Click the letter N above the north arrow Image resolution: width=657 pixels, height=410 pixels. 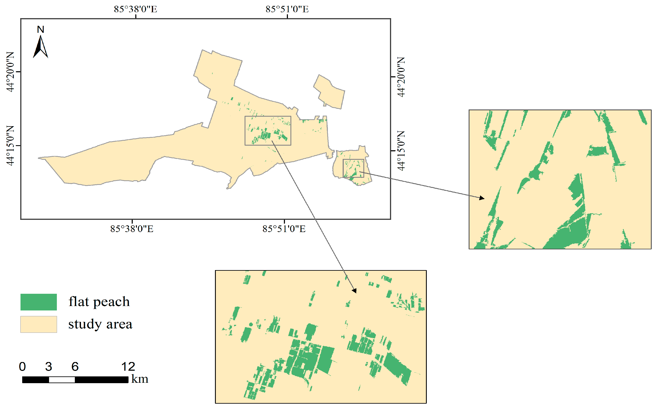(41, 29)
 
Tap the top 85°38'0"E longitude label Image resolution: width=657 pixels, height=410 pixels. (135, 9)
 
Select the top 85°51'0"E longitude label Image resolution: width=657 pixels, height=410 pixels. (287, 9)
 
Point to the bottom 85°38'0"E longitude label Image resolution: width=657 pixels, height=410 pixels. (132, 229)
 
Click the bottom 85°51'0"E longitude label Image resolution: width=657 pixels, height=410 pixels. (284, 229)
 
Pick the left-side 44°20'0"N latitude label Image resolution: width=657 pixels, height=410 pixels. (10, 72)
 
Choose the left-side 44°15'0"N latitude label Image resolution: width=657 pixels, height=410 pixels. (10, 146)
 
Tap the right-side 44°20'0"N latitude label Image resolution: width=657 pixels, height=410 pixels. (401, 77)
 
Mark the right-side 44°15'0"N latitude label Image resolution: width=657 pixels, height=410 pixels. (401, 151)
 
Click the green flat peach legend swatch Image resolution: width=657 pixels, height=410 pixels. (38, 302)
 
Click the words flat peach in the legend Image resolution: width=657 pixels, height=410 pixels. (99, 302)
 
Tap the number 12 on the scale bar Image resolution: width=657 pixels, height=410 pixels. (128, 367)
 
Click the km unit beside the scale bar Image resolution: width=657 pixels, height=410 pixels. (140, 379)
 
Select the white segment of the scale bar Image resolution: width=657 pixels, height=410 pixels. (62, 380)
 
